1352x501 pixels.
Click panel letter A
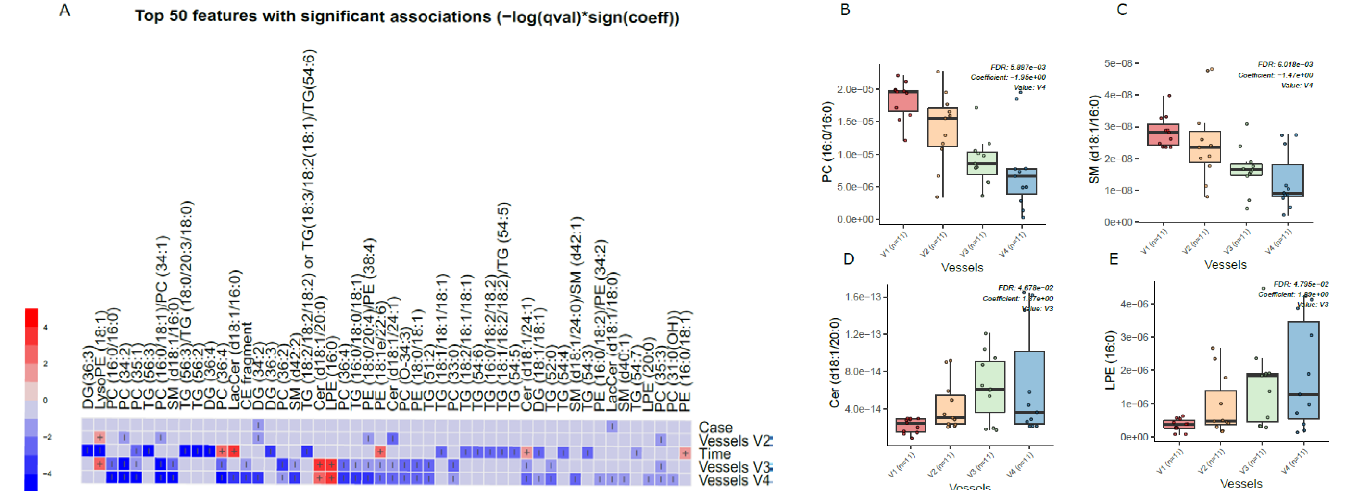tap(64, 11)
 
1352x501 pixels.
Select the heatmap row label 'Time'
tap(714, 453)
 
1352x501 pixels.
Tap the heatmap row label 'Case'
tap(715, 427)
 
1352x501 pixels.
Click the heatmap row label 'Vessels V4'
tap(734, 480)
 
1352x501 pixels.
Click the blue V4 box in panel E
tap(1303, 370)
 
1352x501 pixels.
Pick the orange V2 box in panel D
tap(950, 409)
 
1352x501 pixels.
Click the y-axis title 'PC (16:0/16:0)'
tap(827, 142)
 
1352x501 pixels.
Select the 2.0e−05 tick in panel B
tap(855, 89)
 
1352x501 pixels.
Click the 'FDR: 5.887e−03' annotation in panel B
tap(1018, 67)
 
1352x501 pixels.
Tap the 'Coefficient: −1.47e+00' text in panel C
tap(1275, 75)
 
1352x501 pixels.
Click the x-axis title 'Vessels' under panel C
tap(1225, 264)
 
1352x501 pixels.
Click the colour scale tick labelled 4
tap(45, 327)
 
